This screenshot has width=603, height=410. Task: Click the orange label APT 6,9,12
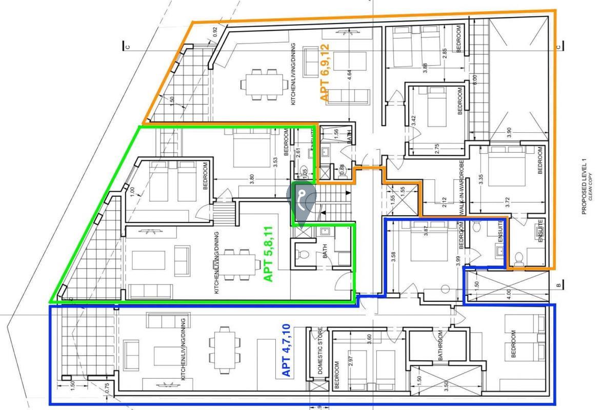pos(324,72)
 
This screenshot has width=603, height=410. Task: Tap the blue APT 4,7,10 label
pos(287,350)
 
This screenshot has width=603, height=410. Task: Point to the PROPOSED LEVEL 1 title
pos(584,187)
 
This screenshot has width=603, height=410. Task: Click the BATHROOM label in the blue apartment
pos(440,346)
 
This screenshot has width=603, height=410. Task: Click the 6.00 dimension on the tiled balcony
pos(475,80)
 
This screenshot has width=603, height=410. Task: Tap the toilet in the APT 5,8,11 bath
pos(305,254)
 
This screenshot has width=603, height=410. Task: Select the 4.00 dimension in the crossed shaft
pos(509,295)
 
